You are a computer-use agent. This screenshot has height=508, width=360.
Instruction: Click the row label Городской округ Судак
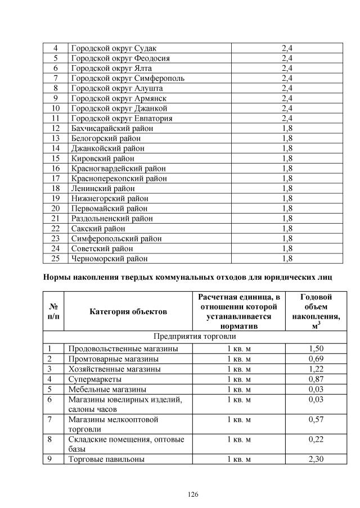point(106,48)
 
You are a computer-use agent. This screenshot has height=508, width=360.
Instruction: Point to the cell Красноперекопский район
point(119,178)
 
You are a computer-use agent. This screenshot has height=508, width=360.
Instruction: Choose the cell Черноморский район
point(109,258)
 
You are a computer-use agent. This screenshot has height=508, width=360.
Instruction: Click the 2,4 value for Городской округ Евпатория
point(287,118)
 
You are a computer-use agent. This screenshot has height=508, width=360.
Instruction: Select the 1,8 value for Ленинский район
point(287,188)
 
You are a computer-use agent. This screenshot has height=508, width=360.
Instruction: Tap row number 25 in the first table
point(55,258)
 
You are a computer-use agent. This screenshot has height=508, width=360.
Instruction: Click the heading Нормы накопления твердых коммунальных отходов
point(188,277)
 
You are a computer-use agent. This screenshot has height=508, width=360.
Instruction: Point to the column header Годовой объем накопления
point(319,311)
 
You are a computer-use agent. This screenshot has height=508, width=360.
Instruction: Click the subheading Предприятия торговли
point(195,337)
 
